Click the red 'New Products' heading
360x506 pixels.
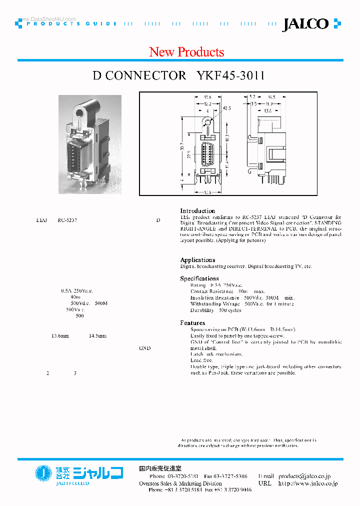click(x=186, y=52)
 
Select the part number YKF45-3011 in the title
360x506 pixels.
click(x=230, y=75)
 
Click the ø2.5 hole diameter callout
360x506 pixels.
click(x=226, y=107)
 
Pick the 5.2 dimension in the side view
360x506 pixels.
click(x=252, y=97)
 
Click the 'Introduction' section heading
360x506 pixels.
click(x=197, y=211)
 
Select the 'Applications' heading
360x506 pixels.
click(x=197, y=260)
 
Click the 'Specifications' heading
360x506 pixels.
click(x=199, y=278)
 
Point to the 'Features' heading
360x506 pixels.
click(x=192, y=323)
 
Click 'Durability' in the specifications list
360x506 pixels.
click(x=201, y=310)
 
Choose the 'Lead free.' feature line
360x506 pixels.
click(x=201, y=360)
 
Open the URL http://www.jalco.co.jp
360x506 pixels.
click(x=307, y=483)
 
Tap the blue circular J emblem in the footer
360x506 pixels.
click(x=43, y=473)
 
